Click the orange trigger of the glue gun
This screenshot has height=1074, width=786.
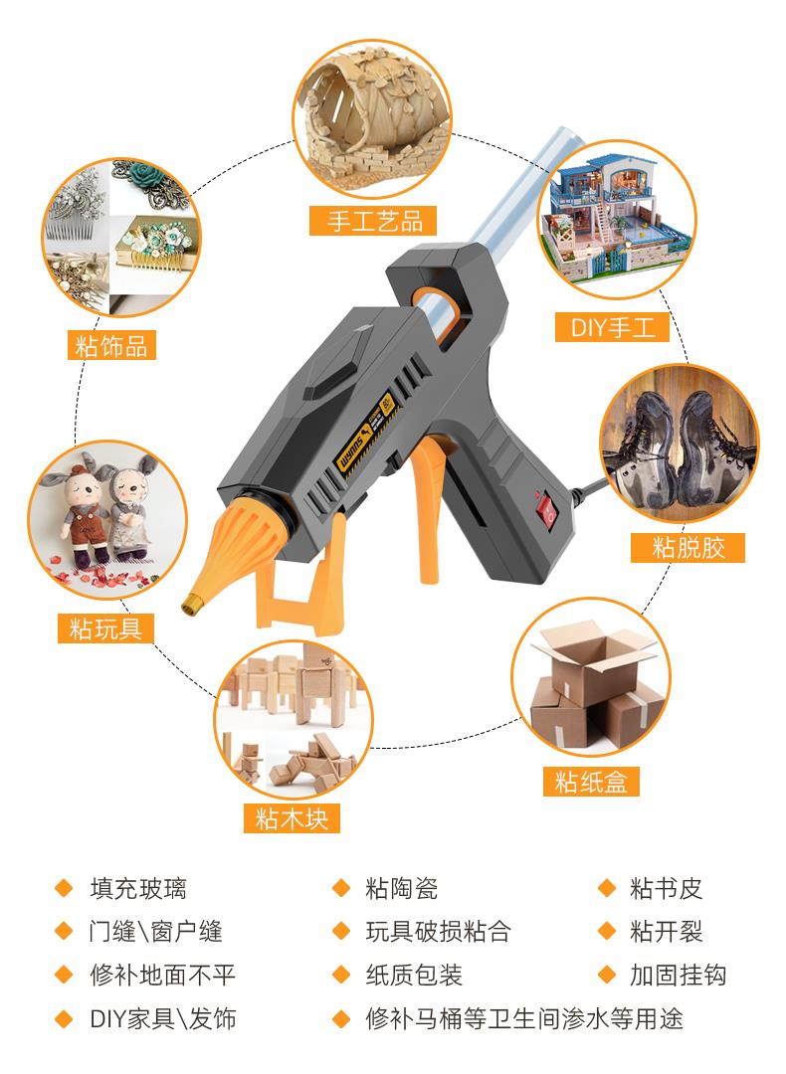(426, 508)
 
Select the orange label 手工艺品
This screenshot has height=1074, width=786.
(373, 221)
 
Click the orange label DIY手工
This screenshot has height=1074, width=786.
(612, 327)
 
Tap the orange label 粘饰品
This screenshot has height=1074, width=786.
(111, 345)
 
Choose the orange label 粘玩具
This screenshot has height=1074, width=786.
(105, 627)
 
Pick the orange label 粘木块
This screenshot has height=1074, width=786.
(292, 817)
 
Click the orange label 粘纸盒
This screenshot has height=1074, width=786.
(591, 781)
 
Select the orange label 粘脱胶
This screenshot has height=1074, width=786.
(688, 547)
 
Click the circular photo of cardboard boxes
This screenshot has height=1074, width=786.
(591, 678)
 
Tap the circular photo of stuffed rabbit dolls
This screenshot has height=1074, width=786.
(106, 520)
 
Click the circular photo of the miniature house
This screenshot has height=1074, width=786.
(616, 219)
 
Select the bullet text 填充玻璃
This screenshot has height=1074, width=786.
(138, 888)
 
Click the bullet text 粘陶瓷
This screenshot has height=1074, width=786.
(402, 888)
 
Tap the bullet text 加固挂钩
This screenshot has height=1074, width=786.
(678, 975)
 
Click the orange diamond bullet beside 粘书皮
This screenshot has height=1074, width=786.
(607, 888)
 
